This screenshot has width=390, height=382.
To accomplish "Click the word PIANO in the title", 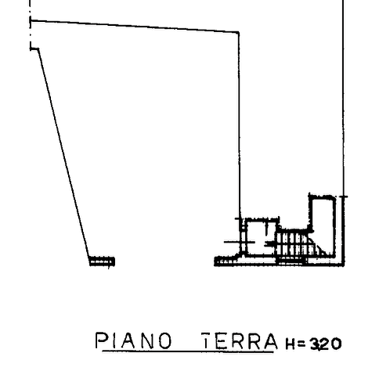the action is coord(133,341).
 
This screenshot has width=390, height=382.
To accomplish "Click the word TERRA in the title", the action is coord(240,341).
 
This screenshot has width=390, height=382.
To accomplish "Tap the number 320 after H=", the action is coord(326,344).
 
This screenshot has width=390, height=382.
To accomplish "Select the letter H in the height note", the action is coord(291,344).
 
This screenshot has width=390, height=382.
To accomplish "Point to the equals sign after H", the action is coord(302,344).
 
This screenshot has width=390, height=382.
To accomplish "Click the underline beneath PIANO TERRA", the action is coord(188,351).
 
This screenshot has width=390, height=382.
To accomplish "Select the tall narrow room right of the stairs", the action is coord(323,225).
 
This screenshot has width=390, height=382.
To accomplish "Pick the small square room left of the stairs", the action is coord(260,237).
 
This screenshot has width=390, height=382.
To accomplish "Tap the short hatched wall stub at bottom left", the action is coord(102,261).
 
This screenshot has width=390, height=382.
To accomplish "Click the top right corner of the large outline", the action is coord(239,32).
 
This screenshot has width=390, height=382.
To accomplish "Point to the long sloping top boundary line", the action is coord(135,26).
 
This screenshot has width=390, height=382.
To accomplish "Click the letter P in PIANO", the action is coord(102,341).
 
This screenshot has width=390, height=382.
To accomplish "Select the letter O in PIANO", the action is coord(165,341).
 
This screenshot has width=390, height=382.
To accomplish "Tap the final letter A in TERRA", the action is coord(270,341).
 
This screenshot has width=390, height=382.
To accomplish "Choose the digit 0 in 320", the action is coord(336,344).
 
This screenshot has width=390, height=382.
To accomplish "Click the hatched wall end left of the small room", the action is coord(226,261).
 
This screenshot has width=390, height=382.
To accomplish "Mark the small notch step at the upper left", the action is coord(34,49).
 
